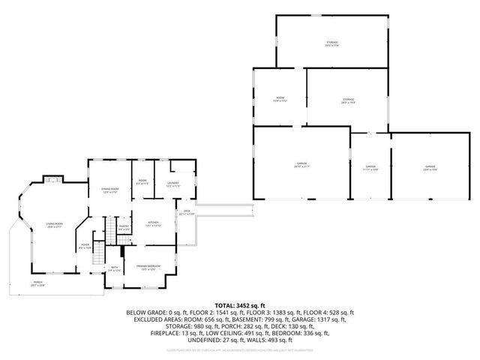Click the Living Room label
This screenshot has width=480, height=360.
point(54,224)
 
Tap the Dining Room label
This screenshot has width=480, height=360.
point(111,190)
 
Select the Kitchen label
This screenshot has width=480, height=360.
point(153,223)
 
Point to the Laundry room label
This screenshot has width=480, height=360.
point(172,184)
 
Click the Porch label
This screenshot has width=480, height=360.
point(37,284)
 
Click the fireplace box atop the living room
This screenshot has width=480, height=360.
point(52,178)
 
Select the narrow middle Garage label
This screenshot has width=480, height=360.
point(370,167)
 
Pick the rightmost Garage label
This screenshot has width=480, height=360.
point(430,167)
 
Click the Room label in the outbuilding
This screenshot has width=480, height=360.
point(280,99)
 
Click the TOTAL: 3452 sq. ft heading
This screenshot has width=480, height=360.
point(240,305)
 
